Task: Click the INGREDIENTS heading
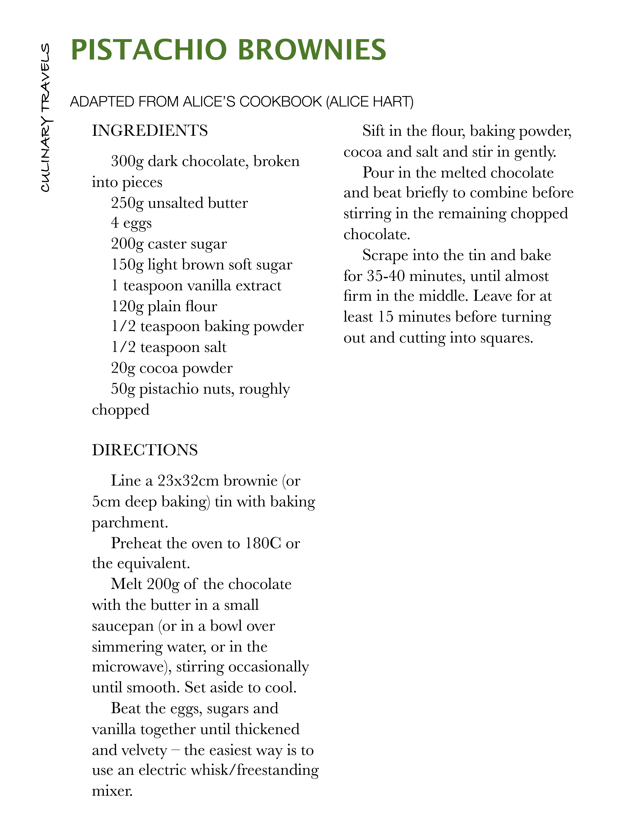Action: coord(150,131)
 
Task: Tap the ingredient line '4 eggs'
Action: coord(131,223)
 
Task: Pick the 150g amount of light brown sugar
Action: coord(127,265)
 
